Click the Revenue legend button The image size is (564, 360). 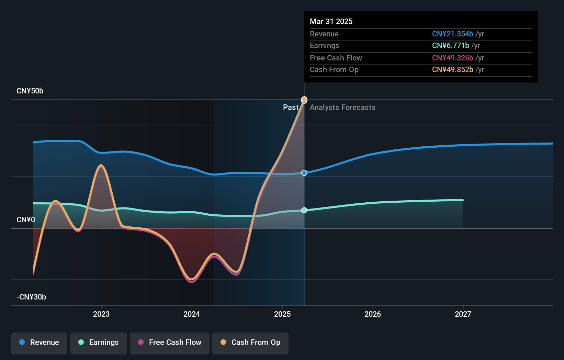point(39,342)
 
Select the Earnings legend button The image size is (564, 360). point(99,342)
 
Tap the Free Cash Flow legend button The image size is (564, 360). point(170,342)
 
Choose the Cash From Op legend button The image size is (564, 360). point(250,342)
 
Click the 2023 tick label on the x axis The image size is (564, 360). point(101,314)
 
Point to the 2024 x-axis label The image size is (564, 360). point(192,314)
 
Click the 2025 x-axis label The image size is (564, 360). point(282,314)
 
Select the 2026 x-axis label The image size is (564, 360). point(373,314)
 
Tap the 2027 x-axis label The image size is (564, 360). point(463,314)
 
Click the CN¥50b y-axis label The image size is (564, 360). point(30,91)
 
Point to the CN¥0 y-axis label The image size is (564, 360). point(26,220)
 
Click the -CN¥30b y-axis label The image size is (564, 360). point(31,297)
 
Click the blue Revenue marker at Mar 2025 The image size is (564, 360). point(304,173)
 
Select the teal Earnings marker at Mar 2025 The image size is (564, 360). point(304,210)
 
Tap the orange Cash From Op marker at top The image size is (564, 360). point(304,99)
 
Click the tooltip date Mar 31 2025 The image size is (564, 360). point(331,21)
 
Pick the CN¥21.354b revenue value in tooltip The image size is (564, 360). point(452,34)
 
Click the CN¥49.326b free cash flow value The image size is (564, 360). point(452,58)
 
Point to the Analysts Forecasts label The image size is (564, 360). point(342,108)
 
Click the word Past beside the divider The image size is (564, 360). point(291,108)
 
